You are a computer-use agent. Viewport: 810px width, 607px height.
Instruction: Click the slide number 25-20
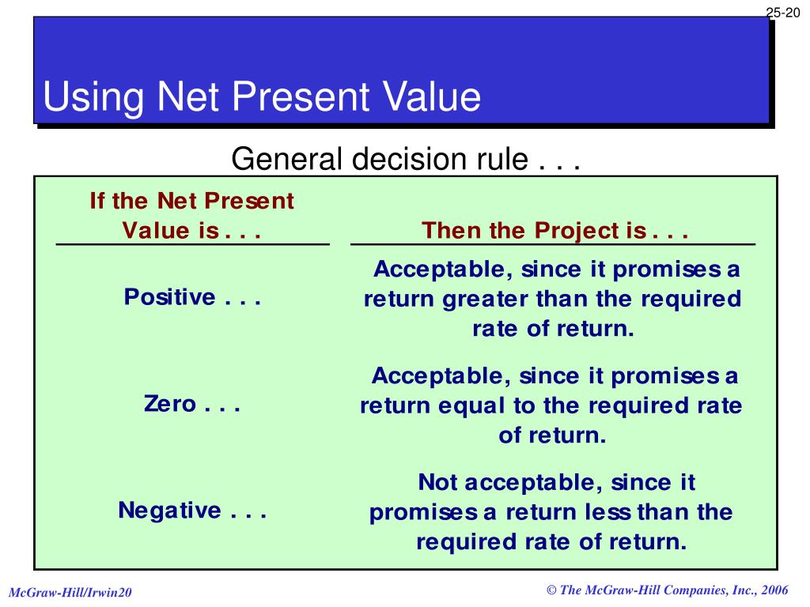tap(782, 13)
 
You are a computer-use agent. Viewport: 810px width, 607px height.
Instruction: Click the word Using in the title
tap(93, 97)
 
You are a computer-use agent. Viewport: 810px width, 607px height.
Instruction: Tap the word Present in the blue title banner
tap(301, 96)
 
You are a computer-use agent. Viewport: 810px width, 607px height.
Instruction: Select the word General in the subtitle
tap(286, 158)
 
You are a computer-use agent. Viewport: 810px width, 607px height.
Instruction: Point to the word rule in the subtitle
tap(502, 158)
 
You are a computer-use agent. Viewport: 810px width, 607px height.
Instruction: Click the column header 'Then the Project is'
tap(555, 230)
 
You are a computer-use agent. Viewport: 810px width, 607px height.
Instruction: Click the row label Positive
tap(169, 297)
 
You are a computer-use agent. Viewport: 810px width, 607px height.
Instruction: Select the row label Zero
tap(170, 404)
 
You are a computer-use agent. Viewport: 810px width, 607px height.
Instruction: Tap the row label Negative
tap(169, 511)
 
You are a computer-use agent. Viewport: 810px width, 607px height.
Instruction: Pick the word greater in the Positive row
tap(486, 300)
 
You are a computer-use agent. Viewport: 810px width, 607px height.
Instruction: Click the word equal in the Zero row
tap(471, 406)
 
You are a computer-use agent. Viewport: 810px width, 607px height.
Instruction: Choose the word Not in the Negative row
tap(437, 483)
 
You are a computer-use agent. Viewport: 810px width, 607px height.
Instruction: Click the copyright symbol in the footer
tap(551, 590)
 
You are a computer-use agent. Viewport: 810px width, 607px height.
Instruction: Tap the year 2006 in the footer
tap(774, 590)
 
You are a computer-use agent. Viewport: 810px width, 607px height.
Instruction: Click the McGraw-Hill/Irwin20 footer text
tap(70, 593)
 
